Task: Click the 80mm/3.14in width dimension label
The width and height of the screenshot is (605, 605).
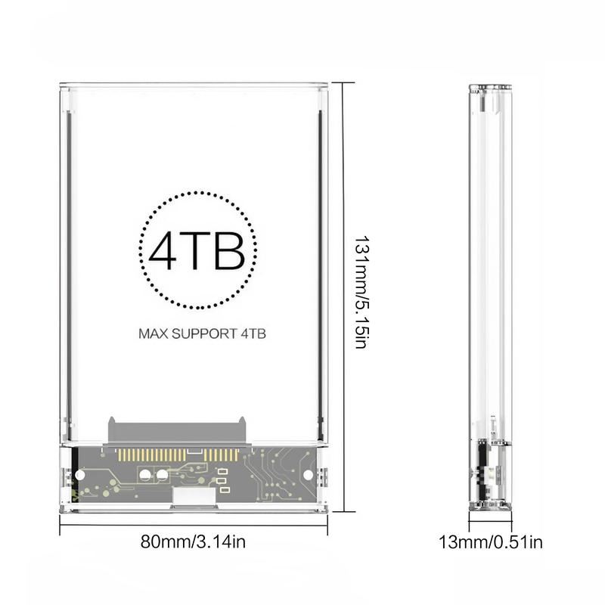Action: (193, 541)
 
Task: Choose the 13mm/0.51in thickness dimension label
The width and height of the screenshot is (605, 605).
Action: (491, 541)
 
